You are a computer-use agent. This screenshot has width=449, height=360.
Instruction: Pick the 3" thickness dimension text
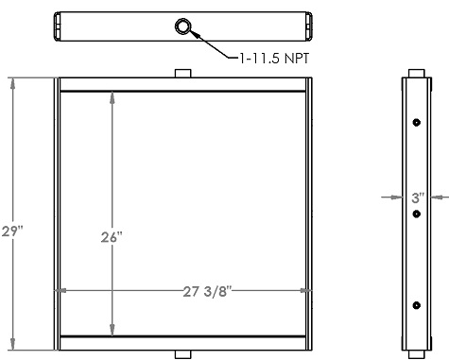click(416, 198)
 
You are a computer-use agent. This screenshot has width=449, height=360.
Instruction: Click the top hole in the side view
click(416, 124)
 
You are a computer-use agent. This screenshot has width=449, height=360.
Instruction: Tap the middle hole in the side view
click(416, 214)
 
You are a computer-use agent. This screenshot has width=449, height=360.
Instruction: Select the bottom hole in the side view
click(416, 304)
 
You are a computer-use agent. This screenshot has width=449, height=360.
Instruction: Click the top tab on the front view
click(183, 73)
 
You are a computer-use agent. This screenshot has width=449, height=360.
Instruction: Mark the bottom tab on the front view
click(183, 354)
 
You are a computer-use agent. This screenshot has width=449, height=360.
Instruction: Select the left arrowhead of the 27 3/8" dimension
click(64, 291)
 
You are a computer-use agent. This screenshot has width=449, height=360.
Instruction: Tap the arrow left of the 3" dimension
click(398, 197)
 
